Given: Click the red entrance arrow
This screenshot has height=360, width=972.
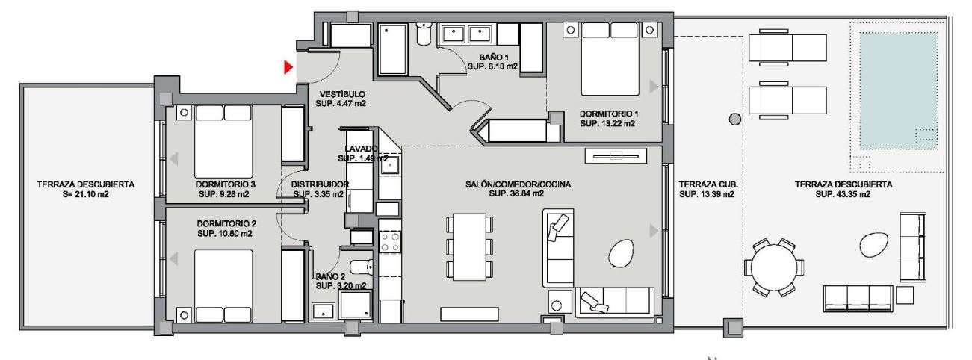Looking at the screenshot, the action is [288, 67].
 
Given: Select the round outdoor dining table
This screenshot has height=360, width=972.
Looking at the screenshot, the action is [774, 267].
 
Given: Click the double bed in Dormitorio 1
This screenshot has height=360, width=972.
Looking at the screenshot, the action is [610, 59].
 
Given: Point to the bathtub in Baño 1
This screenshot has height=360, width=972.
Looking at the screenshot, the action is [393, 49].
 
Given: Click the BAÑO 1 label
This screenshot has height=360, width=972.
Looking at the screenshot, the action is [494, 58].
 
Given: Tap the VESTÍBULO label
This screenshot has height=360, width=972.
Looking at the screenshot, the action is [342, 94].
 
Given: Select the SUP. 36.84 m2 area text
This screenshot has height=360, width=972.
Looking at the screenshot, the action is [516, 194].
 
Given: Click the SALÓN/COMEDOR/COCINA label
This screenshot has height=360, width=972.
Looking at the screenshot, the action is [518, 184].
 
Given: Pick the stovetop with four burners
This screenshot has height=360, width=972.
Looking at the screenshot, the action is [390, 242].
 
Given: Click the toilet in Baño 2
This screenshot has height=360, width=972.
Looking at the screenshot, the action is [362, 267].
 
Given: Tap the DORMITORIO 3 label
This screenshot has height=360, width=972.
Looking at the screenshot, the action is [225, 184].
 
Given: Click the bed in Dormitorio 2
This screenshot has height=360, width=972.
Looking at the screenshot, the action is [223, 286].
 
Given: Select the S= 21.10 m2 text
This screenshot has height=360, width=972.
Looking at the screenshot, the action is [85, 194].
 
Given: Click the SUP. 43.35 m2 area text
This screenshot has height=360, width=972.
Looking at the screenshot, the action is [843, 194].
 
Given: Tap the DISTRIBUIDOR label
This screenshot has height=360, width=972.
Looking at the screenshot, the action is [320, 184].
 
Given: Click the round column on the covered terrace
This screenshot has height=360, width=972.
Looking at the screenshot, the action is [734, 119].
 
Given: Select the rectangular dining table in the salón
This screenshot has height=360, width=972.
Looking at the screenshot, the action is [469, 246].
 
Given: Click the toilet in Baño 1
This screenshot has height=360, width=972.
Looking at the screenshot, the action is [424, 34].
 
